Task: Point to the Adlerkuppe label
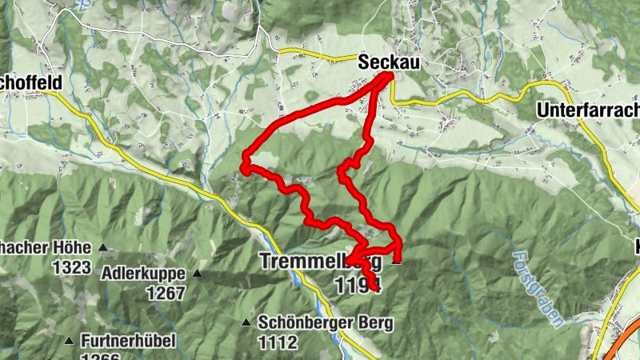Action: coord(144,274)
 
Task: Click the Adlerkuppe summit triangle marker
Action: coord(198,274)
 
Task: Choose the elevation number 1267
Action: coord(166,293)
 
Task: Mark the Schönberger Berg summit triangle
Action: coord(246,323)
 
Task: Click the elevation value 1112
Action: coord(278,342)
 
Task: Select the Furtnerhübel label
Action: coord(127,341)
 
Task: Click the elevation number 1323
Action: coord(71,267)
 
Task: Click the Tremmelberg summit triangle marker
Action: coord(395,260)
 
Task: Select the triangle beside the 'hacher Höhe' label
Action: coord(102,247)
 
